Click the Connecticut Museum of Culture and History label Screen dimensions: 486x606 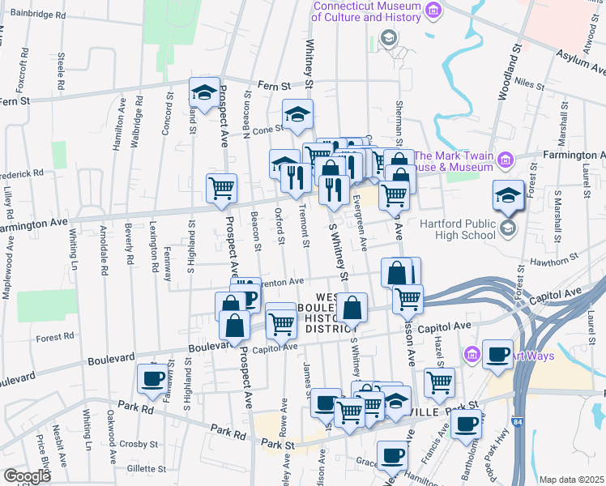pyautogui.click(x=369, y=11)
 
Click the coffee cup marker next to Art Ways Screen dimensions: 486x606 pyautogui.click(x=497, y=354)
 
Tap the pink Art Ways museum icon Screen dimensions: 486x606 pyautogui.click(x=473, y=354)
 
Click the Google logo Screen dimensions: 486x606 pyautogui.click(x=27, y=476)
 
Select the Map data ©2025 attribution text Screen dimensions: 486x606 pyautogui.click(x=571, y=480)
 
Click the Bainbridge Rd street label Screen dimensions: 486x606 pyautogui.click(x=38, y=15)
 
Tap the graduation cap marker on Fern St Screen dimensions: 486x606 pyautogui.click(x=205, y=92)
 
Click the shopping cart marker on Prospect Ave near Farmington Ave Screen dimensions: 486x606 pyautogui.click(x=221, y=189)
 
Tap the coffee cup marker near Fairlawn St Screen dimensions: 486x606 pyautogui.click(x=152, y=379)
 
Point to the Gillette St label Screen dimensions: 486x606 pyautogui.click(x=146, y=468)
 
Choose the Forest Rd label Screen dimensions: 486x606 pyautogui.click(x=55, y=335)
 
